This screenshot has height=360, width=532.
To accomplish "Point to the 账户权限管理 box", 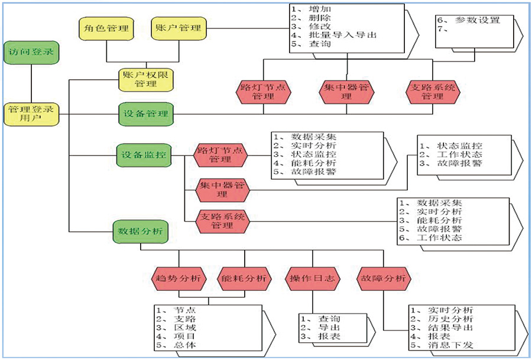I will [145, 79].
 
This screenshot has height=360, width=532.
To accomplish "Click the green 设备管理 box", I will [145, 113].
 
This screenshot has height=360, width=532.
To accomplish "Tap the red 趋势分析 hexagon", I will [178, 278].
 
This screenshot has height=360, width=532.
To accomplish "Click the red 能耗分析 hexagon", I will [244, 278].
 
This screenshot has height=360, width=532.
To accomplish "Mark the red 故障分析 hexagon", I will [382, 278].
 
